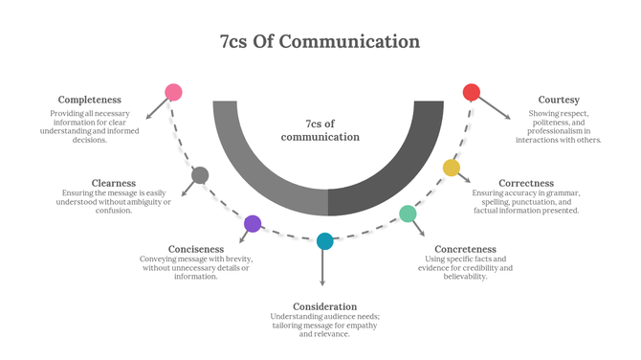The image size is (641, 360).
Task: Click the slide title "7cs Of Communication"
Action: (x=320, y=41)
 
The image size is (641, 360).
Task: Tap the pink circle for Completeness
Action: (x=173, y=93)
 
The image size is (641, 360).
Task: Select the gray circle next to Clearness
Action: (x=200, y=175)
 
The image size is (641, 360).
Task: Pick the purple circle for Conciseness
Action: (x=253, y=224)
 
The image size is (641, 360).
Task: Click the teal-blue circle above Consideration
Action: (x=324, y=241)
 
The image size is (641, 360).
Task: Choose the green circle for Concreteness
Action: (x=408, y=214)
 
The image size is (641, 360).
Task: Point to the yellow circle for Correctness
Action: (x=451, y=169)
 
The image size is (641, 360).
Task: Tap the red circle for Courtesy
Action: (x=471, y=93)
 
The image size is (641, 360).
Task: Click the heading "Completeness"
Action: (x=90, y=100)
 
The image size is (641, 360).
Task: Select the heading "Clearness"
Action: (x=114, y=182)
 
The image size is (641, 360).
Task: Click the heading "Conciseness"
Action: (x=195, y=249)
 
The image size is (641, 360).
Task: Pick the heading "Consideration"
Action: (x=324, y=306)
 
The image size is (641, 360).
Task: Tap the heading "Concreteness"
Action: (x=465, y=249)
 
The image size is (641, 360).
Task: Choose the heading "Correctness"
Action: (x=526, y=182)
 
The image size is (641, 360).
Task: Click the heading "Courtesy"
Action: (x=559, y=100)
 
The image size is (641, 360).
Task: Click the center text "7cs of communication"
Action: (x=320, y=130)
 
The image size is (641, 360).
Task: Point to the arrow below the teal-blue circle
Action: (x=322, y=268)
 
